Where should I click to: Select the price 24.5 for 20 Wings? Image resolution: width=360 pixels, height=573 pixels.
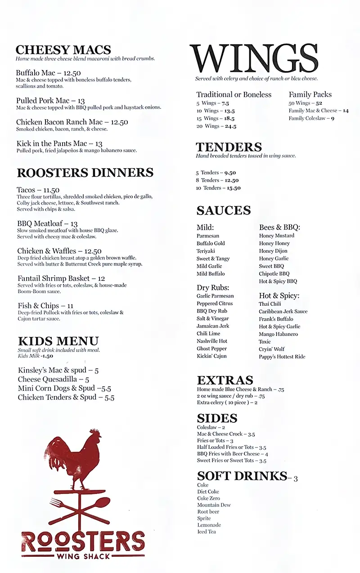(230, 126)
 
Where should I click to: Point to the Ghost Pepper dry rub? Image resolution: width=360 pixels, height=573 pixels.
(211, 349)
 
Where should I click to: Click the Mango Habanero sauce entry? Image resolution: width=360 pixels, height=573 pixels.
(278, 334)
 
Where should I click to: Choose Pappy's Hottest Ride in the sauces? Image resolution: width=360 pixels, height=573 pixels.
(282, 357)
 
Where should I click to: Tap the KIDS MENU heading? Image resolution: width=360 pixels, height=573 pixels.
(58, 341)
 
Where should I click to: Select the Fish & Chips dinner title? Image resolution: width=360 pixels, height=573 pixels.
(39, 306)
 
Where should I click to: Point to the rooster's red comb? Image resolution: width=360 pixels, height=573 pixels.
(95, 433)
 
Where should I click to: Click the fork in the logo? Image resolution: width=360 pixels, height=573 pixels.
(58, 504)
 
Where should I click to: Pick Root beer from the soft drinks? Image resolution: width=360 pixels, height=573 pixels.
(208, 512)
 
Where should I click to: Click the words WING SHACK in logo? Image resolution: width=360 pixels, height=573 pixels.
(83, 556)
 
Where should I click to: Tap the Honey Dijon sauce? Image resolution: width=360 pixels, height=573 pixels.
(273, 251)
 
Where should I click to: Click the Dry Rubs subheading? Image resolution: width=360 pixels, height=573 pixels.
(213, 287)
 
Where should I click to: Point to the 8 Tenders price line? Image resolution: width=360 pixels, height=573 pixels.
(217, 180)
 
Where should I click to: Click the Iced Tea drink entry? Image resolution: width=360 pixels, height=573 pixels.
(207, 532)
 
